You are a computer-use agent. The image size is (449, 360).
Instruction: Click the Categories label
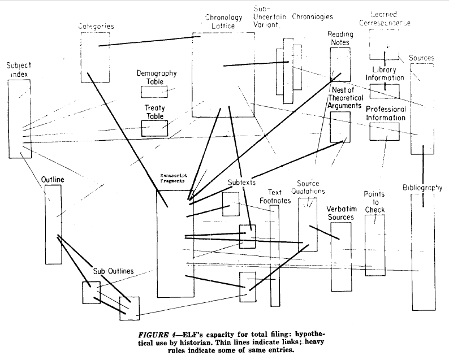coord(96,26)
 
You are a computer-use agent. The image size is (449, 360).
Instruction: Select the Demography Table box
coord(154,92)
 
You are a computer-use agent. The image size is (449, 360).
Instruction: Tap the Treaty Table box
coord(154,128)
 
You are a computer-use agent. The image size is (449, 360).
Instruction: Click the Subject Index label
coord(19,70)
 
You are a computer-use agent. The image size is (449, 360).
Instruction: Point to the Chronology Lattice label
coord(223,22)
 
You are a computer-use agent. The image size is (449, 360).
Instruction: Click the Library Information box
coord(385,91)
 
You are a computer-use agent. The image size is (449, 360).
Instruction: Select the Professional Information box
coord(385,131)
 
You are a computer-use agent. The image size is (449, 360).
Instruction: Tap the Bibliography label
coord(422,188)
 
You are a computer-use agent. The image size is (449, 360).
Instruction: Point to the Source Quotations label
coord(308,188)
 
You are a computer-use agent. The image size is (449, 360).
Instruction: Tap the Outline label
coord(52,180)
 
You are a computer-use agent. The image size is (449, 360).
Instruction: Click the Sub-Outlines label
coord(113,271)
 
